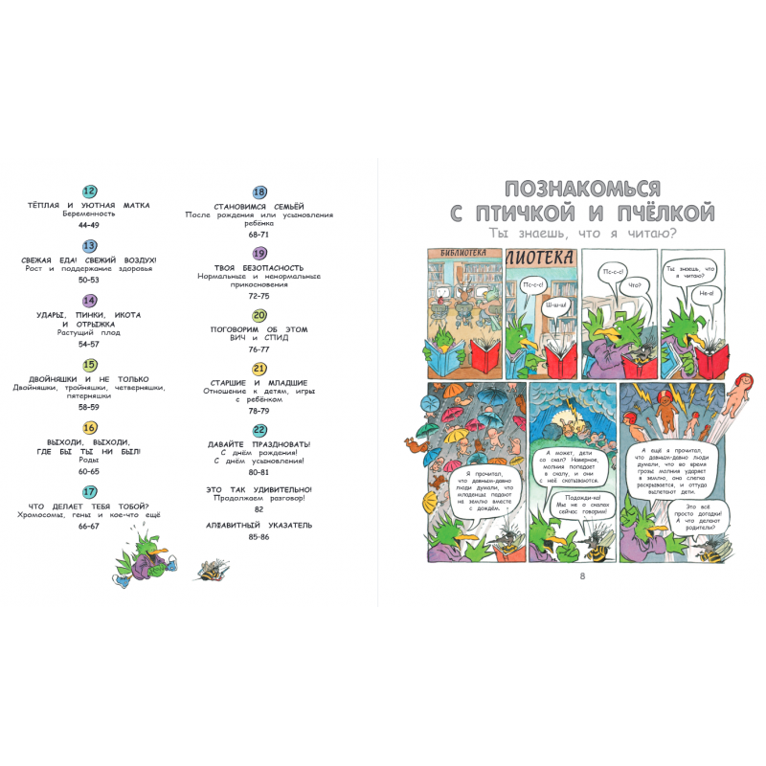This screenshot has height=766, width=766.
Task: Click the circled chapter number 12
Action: pos(90,191)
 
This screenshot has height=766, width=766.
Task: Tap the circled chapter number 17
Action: pos(90,491)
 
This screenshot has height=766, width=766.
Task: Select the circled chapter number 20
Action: pos(259,315)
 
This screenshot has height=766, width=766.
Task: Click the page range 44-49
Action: pos(90,224)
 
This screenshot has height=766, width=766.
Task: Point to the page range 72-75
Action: pos(259,297)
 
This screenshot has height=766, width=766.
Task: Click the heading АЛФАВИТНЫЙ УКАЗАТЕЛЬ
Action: pos(259,526)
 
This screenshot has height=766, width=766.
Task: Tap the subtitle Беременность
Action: pos(90,214)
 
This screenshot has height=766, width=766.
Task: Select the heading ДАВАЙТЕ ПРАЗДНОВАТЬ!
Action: pos(259,444)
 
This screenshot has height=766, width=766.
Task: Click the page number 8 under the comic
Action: pos(581,575)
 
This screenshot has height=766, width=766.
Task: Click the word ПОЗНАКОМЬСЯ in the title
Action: pos(581,188)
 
